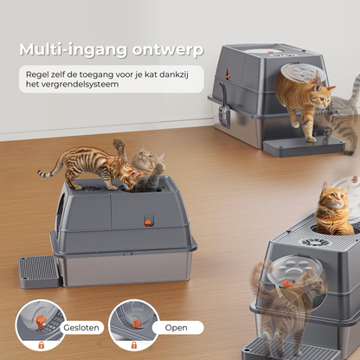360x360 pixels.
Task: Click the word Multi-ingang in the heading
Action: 73,50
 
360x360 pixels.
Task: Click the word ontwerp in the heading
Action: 168,50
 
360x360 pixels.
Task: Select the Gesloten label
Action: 81,328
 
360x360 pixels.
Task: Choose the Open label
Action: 176,328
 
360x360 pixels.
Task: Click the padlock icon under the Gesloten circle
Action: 42,345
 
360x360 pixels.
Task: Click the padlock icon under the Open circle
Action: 134,345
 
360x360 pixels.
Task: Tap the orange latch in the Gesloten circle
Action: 41,321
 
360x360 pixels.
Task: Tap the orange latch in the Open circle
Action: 136,324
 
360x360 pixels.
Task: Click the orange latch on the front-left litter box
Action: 148,222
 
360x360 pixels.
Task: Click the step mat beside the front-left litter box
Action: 38,272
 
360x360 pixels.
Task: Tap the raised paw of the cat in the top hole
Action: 119,144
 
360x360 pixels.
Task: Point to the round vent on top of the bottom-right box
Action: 316,242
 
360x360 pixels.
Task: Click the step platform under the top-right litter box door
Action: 303,146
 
